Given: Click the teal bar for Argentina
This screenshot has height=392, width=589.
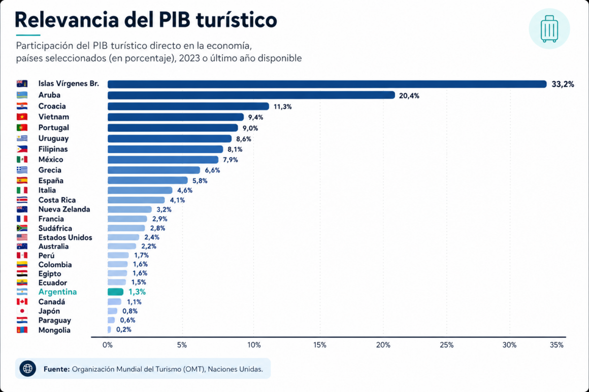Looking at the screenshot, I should pyautogui.click(x=115, y=292).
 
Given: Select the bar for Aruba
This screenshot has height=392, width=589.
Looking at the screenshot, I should pyautogui.click(x=251, y=95).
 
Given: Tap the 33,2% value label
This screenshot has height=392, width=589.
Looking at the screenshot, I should pyautogui.click(x=563, y=84).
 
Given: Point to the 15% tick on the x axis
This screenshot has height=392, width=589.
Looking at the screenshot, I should pyautogui.click(x=320, y=345).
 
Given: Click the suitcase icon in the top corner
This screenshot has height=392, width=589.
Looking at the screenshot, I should pyautogui.click(x=549, y=28).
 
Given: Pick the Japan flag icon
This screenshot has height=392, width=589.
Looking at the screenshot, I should pyautogui.click(x=22, y=311).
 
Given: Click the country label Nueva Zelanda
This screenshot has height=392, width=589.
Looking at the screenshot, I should pyautogui.click(x=64, y=209).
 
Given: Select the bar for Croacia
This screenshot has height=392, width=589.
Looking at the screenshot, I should pyautogui.click(x=188, y=106).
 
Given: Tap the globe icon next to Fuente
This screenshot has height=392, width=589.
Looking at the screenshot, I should pyautogui.click(x=28, y=369).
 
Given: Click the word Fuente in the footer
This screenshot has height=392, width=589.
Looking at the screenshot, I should pyautogui.click(x=56, y=369).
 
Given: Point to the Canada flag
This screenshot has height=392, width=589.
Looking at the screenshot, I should pyautogui.click(x=22, y=302).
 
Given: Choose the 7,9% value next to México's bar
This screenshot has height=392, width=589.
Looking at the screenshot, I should pyautogui.click(x=230, y=160).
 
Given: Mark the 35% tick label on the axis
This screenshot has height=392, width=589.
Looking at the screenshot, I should pyautogui.click(x=557, y=345).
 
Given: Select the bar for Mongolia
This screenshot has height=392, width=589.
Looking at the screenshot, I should pyautogui.click(x=109, y=330).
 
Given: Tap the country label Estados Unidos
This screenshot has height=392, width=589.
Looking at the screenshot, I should pyautogui.click(x=65, y=237).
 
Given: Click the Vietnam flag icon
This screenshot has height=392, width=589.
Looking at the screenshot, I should pyautogui.click(x=22, y=117).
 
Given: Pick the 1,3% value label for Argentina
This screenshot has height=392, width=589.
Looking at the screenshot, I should pyautogui.click(x=137, y=292).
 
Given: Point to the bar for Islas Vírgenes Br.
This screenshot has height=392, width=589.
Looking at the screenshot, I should pyautogui.click(x=326, y=84).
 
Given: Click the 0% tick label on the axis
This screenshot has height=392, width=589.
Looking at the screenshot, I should pyautogui.click(x=108, y=345).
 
